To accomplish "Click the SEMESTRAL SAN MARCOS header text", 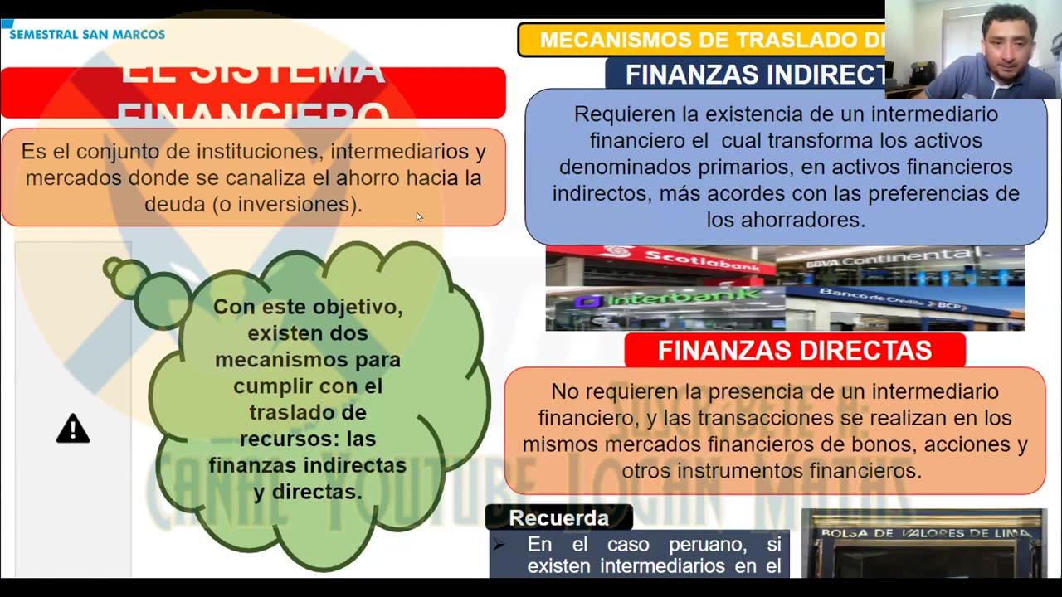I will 87,34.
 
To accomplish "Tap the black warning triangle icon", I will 73,429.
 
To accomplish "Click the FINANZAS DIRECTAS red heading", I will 794,350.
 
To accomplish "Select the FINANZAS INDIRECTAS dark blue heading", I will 753,75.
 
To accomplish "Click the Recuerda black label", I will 558,517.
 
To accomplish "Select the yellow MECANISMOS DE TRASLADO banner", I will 701,40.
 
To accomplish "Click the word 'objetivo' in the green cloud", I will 353,307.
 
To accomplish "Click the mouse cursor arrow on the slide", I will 419,216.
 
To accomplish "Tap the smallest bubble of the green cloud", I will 113,268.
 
